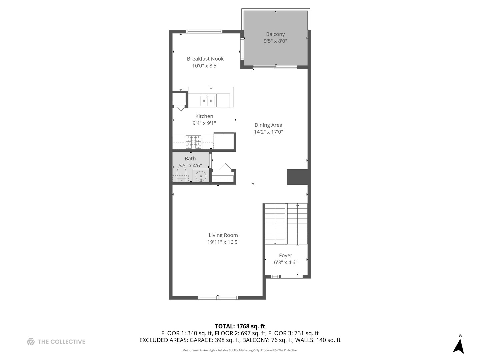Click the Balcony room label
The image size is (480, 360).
tap(275, 34)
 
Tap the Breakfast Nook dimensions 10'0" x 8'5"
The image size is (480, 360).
tap(205, 66)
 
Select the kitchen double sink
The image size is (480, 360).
tap(207, 100)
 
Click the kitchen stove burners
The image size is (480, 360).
tap(194, 142)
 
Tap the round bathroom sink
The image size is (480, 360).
tap(201, 176)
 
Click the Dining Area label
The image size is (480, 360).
tap(268, 125)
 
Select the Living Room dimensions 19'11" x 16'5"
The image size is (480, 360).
tap(223, 242)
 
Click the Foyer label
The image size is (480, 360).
tap(286, 255)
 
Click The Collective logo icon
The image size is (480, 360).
tap(31, 341)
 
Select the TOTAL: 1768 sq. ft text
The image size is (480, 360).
tap(240, 326)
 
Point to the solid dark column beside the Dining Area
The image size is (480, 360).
tap(297, 177)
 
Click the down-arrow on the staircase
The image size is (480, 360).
tap(275, 242)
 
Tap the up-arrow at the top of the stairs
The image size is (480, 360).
tap(297, 205)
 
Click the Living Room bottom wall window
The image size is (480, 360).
tap(218, 297)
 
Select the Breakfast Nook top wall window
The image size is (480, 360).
tap(204, 32)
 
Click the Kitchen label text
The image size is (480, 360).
tap(204, 116)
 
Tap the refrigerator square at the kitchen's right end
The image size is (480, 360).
tap(224, 141)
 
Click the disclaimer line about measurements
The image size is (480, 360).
tap(240, 350)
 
